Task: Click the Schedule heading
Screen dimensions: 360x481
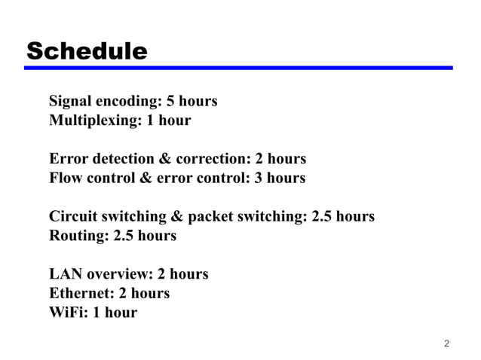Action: pos(87,51)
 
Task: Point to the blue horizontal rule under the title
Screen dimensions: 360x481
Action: pos(237,68)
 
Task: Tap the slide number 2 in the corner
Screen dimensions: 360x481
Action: pos(446,344)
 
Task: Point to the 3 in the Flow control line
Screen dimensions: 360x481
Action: pos(259,178)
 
